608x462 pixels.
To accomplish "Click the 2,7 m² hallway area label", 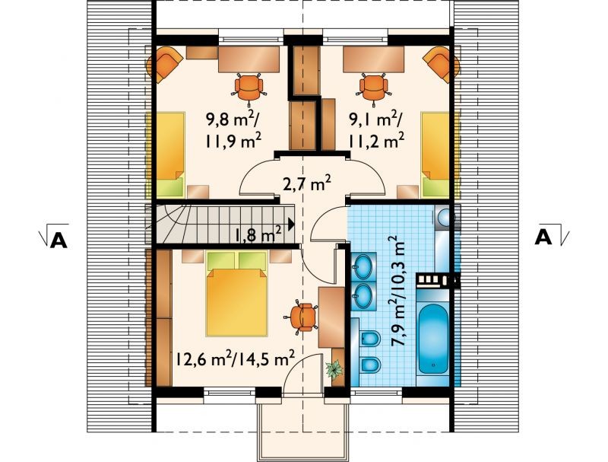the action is pyautogui.click(x=306, y=183).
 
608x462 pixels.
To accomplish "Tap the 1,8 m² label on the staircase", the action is pyautogui.click(x=257, y=235).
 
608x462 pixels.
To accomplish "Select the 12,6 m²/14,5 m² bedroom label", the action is pyautogui.click(x=234, y=358).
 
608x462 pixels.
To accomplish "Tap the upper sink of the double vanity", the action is pyautogui.click(x=363, y=266).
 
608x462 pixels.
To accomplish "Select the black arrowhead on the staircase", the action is pyautogui.click(x=291, y=224).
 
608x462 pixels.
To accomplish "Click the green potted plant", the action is pyautogui.click(x=334, y=369).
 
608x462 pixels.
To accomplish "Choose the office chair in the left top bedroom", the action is pyautogui.click(x=249, y=88).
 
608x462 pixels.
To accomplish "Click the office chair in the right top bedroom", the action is pyautogui.click(x=373, y=88).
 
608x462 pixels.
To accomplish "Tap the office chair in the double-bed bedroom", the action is pyautogui.click(x=302, y=317).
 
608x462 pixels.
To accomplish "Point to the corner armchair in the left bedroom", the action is pyautogui.click(x=164, y=64).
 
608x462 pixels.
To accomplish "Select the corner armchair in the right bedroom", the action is pyautogui.click(x=442, y=64).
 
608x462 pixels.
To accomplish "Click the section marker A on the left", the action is pyautogui.click(x=59, y=240).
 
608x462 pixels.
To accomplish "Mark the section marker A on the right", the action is pyautogui.click(x=543, y=237).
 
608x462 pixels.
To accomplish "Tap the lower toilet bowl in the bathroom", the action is pyautogui.click(x=369, y=365).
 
